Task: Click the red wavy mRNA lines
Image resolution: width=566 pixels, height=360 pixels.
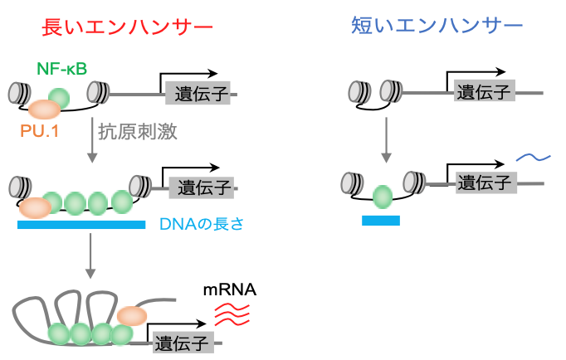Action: point(233,314)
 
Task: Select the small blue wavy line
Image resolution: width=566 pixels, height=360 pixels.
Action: point(531,157)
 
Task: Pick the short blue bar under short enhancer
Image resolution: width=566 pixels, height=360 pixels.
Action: point(381,221)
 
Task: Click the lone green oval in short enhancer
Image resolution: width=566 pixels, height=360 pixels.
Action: point(383,197)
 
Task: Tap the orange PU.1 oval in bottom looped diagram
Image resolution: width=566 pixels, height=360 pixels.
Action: point(131,315)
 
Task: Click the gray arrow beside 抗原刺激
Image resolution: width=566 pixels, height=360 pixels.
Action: point(90,142)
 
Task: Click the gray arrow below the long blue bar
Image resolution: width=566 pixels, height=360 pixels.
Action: point(90,258)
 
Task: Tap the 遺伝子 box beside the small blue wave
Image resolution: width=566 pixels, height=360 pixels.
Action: point(486,181)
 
